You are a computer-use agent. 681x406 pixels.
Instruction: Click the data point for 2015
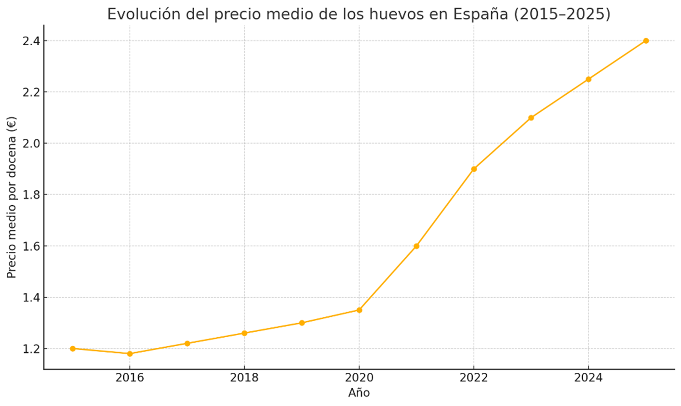(x=73, y=349)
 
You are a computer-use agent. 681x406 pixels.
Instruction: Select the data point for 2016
(x=130, y=354)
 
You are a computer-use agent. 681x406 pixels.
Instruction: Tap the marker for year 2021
(x=416, y=246)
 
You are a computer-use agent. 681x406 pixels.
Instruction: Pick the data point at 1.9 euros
(x=474, y=169)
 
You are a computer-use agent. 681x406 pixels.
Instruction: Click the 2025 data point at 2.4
(x=646, y=41)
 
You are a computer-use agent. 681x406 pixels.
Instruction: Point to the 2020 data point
(x=359, y=310)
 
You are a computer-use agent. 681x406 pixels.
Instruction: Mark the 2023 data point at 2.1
(x=531, y=118)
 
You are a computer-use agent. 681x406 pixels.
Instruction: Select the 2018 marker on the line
(x=244, y=333)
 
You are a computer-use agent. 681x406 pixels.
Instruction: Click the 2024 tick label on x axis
(x=588, y=378)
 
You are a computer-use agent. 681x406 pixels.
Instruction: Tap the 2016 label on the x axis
(x=130, y=378)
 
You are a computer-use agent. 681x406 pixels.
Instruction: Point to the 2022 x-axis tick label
(x=474, y=378)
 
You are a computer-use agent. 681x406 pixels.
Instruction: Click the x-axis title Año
(x=359, y=393)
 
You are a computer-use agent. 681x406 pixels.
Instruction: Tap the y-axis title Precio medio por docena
(x=12, y=197)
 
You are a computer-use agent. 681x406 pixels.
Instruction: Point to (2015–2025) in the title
(x=562, y=14)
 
